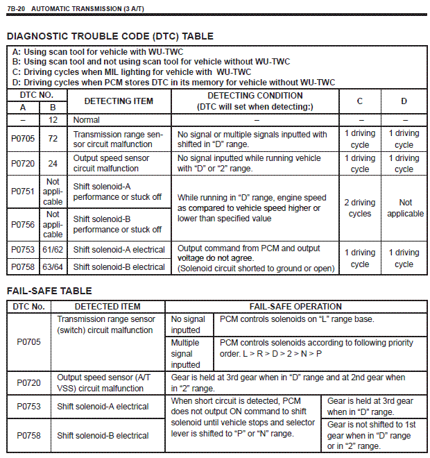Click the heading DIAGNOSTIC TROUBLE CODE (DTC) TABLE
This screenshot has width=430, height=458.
[110, 36]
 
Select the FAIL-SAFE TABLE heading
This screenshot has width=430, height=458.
[49, 291]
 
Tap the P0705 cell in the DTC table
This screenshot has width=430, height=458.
[23, 139]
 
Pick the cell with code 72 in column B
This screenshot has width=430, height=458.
[53, 139]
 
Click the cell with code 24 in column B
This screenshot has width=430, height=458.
[53, 162]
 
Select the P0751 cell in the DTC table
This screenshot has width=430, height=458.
[23, 192]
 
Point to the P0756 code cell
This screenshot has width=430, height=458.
[23, 224]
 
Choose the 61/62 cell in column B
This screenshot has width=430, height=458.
[53, 248]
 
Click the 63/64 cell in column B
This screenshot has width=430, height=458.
[53, 266]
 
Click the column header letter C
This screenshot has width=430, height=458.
[360, 101]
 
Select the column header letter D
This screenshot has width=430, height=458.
[404, 101]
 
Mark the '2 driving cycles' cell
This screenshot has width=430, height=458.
[360, 208]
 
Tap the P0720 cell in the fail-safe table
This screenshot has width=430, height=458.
[28, 382]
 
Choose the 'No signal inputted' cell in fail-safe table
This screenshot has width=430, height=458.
[188, 324]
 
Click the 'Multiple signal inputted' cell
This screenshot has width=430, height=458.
[185, 353]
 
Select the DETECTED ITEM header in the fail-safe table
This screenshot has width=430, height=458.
[108, 306]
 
